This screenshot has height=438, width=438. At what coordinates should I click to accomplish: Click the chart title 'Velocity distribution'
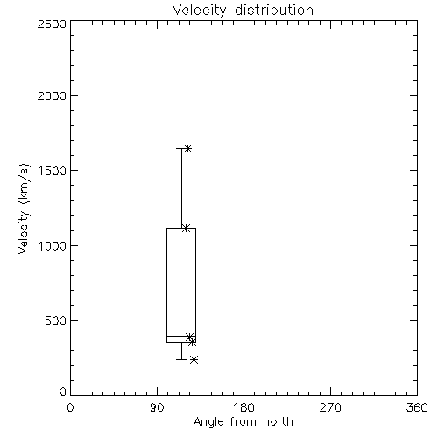pyautogui.click(x=243, y=11)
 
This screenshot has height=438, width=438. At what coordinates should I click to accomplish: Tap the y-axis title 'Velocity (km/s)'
pyautogui.click(x=24, y=208)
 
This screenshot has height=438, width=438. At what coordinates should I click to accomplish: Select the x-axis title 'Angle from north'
pyautogui.click(x=243, y=422)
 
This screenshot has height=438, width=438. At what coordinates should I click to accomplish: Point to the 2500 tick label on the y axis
pyautogui.click(x=52, y=24)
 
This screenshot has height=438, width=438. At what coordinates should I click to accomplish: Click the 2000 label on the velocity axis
pyautogui.click(x=52, y=95)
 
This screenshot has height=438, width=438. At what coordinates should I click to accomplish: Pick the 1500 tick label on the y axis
pyautogui.click(x=53, y=171)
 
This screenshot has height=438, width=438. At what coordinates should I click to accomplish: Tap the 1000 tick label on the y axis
pyautogui.click(x=53, y=246)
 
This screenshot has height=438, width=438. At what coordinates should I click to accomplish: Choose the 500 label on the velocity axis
pyautogui.click(x=56, y=321)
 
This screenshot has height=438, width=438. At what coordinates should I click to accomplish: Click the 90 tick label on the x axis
pyautogui.click(x=157, y=407)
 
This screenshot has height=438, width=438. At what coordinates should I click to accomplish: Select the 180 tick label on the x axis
pyautogui.click(x=244, y=407)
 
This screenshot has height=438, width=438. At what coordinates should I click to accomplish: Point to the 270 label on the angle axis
pyautogui.click(x=330, y=407)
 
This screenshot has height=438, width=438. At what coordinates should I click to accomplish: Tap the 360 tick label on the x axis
pyautogui.click(x=417, y=407)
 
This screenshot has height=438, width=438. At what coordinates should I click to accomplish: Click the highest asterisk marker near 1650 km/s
pyautogui.click(x=187, y=148)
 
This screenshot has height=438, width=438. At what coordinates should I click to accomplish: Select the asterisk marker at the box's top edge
pyautogui.click(x=186, y=228)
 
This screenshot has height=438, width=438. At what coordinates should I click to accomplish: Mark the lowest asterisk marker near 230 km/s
pyautogui.click(x=194, y=360)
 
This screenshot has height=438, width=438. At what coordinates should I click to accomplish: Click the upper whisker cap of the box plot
pyautogui.click(x=181, y=148)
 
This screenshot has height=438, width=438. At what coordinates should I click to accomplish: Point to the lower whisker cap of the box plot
pyautogui.click(x=181, y=359)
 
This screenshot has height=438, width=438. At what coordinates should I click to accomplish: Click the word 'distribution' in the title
pyautogui.click(x=274, y=11)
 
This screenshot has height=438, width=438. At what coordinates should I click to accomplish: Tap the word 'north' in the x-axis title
pyautogui.click(x=279, y=422)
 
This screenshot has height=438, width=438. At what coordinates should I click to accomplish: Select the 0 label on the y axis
pyautogui.click(x=63, y=392)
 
